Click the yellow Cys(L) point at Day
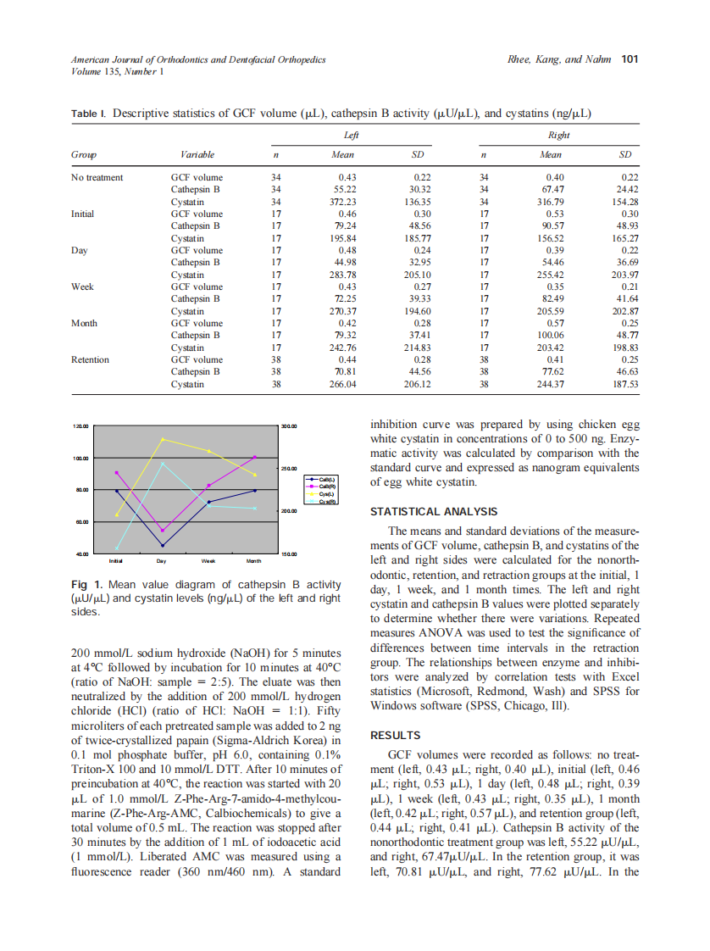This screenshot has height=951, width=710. (163, 439)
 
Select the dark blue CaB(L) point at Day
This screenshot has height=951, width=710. (163, 545)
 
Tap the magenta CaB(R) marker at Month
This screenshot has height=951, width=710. (255, 458)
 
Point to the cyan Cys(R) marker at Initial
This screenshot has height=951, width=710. (117, 548)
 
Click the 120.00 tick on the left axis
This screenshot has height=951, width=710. (81, 426)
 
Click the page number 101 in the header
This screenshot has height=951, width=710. (630, 59)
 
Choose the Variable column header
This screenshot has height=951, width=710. (197, 154)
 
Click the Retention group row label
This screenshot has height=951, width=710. (90, 359)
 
